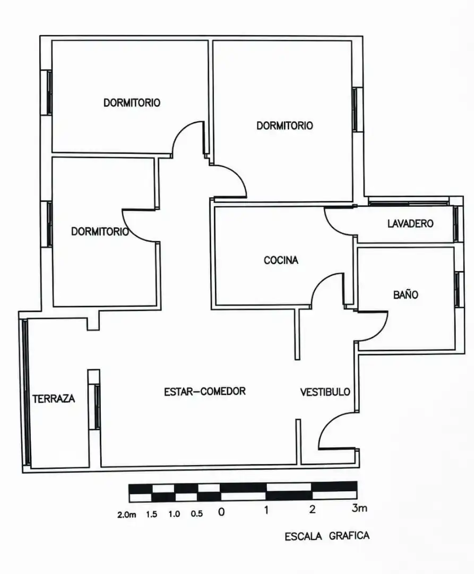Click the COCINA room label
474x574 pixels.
coord(281,260)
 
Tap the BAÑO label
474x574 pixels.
coord(406,294)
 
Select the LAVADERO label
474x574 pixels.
coord(410,223)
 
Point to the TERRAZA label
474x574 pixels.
coord(54,399)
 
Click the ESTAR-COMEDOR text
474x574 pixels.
coord(205,391)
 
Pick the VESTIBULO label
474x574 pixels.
coord(325,392)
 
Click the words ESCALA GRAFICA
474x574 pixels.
coord(327,536)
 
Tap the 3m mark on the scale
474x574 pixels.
coord(359,508)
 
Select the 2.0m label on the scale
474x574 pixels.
coord(126,514)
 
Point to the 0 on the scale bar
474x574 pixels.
coord(221,512)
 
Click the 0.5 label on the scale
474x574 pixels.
coord(196,513)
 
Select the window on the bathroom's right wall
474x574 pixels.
coord(458,290)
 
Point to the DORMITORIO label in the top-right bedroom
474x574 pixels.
coord(285,125)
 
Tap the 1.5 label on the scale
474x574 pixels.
coord(152,514)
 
